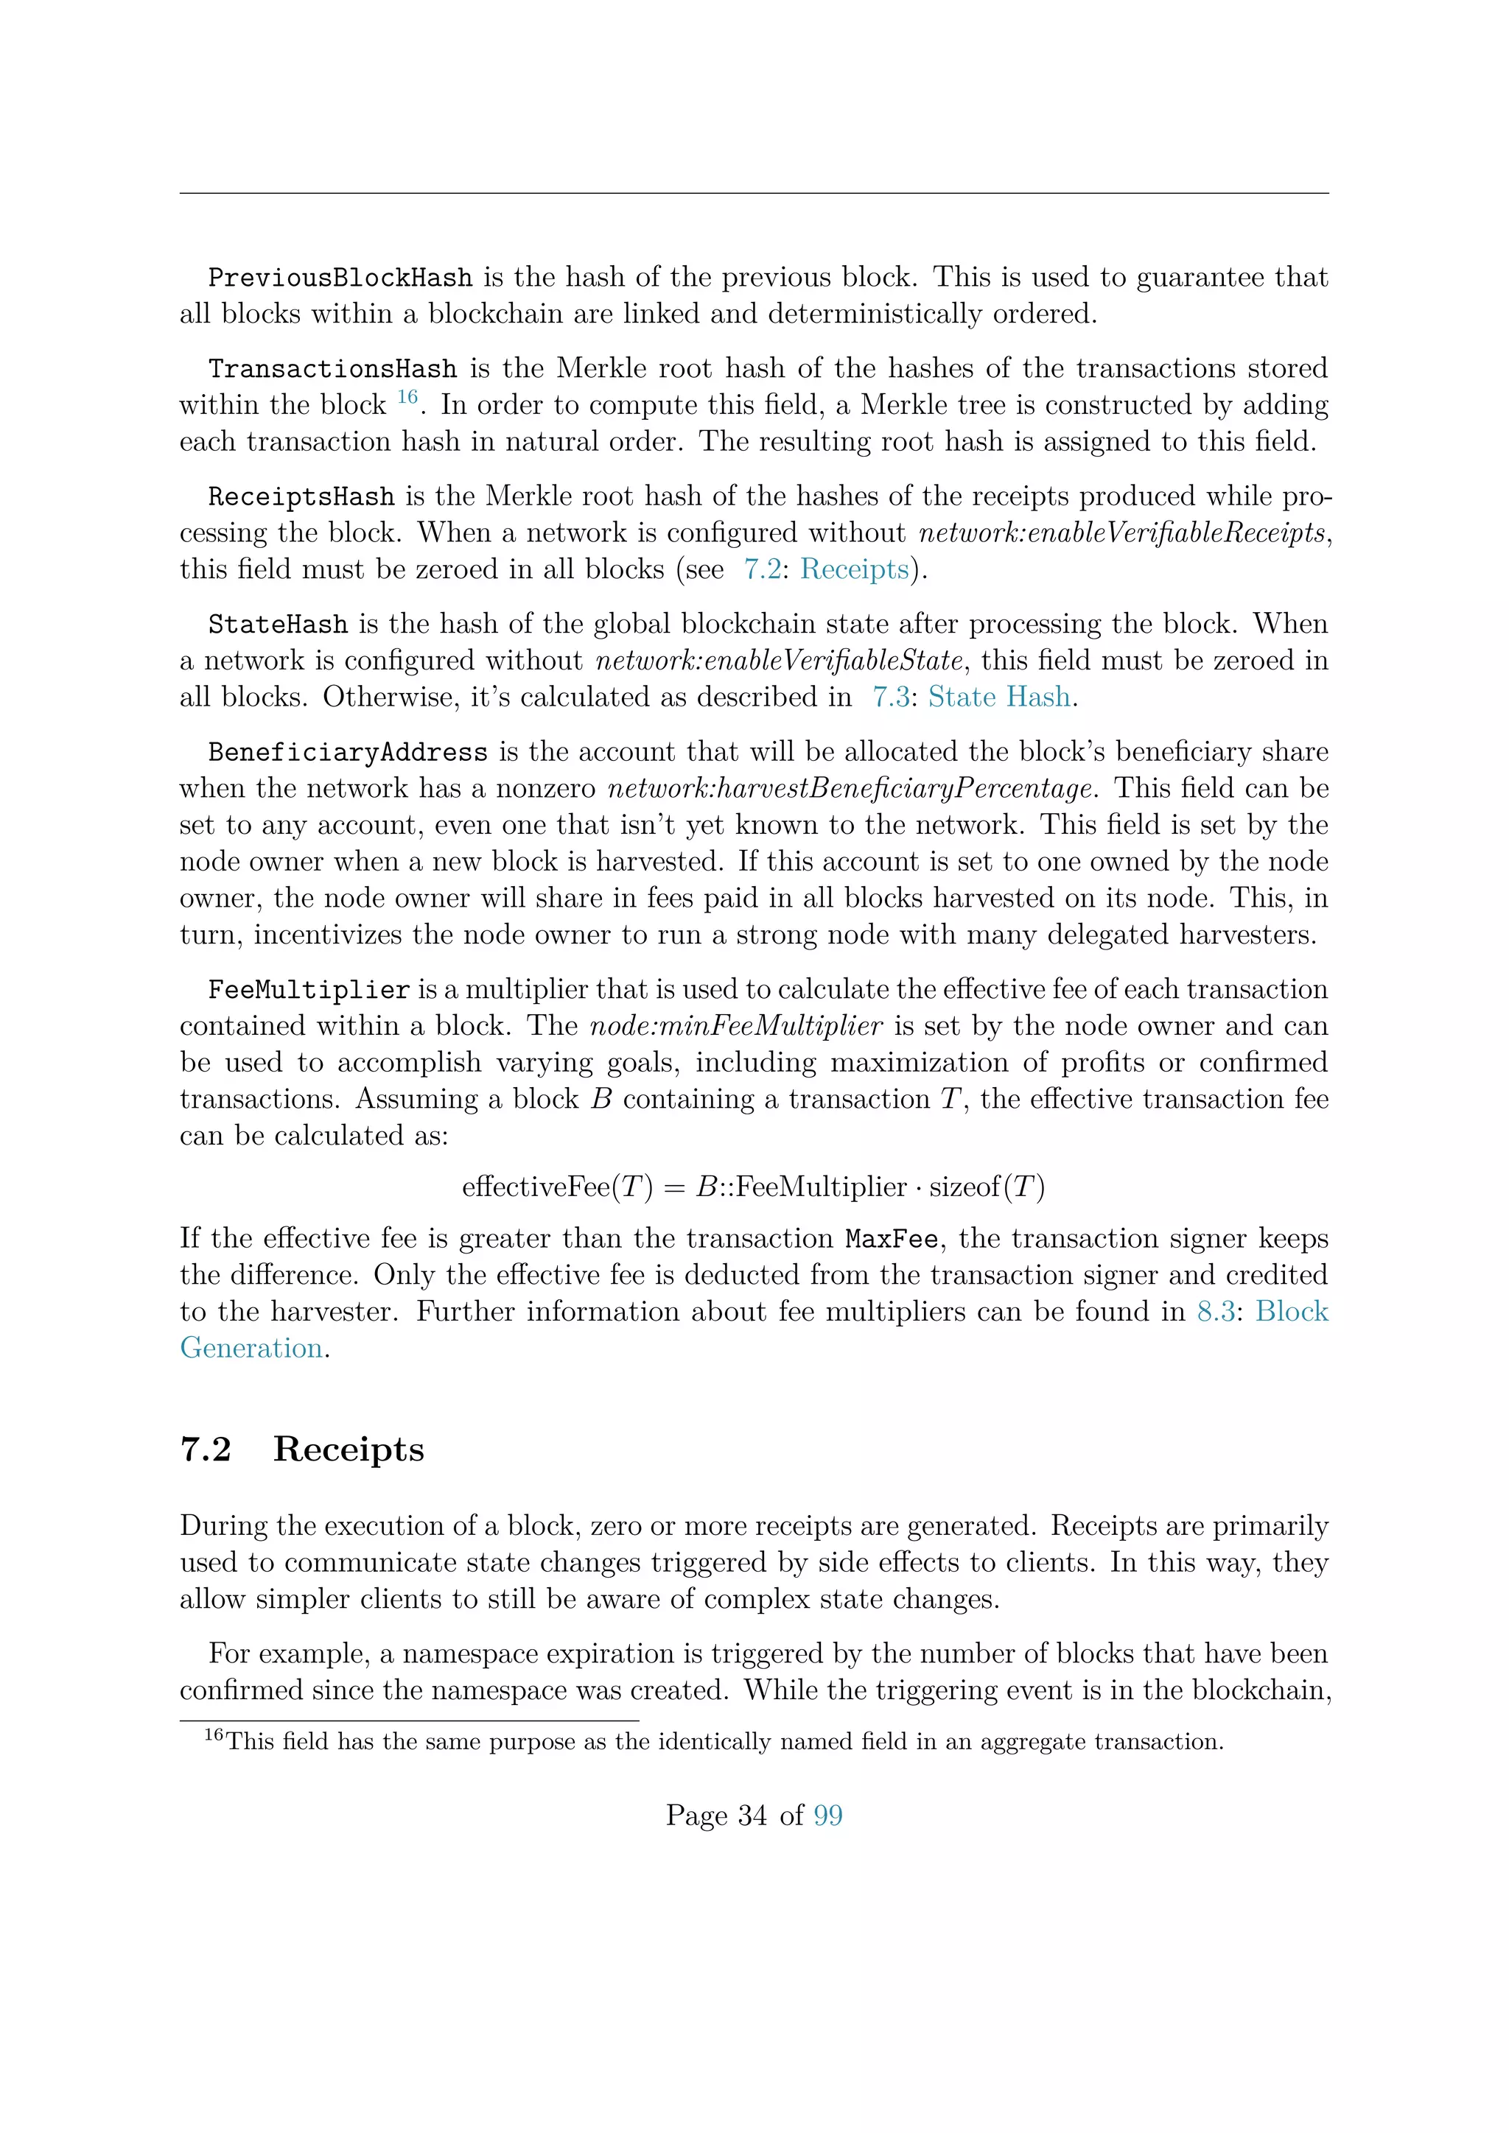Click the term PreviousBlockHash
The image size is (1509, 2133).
(x=340, y=278)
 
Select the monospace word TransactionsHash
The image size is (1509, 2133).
(x=332, y=369)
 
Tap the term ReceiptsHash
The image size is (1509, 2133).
(x=301, y=497)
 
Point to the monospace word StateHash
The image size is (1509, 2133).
(x=278, y=625)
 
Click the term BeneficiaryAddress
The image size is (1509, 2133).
(x=348, y=753)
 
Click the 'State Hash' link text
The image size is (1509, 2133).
(x=999, y=697)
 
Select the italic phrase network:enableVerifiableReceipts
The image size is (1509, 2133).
(x=1121, y=533)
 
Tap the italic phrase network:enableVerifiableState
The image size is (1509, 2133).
(x=779, y=661)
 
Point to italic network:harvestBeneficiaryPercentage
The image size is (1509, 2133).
(x=850, y=789)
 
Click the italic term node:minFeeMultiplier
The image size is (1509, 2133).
(x=736, y=1026)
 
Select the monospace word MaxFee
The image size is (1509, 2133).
(x=891, y=1240)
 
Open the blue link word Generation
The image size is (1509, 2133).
(x=251, y=1348)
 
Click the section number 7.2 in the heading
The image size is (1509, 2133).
(x=206, y=1449)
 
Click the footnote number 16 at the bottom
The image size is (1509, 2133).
(x=214, y=1735)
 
